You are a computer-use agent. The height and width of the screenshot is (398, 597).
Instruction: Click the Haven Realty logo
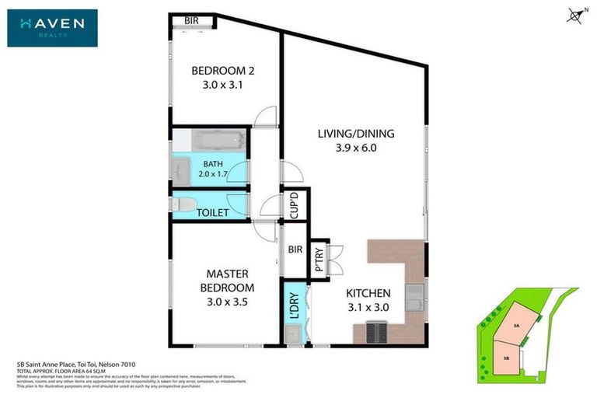pos(53,28)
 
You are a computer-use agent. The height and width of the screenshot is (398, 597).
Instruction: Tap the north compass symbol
pos(575,14)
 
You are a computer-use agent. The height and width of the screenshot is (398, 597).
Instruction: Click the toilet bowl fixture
pos(181,204)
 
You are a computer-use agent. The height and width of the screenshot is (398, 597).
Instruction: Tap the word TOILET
pos(212,211)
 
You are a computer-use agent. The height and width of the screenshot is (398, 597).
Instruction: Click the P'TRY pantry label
pos(319,258)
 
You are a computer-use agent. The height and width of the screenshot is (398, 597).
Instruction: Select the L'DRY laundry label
pos(294,305)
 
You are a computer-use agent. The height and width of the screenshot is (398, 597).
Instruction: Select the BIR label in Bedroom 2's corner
pos(190,21)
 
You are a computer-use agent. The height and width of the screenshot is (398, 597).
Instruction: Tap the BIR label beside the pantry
pos(294,250)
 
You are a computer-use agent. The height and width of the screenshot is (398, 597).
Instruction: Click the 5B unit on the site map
pos(507,358)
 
